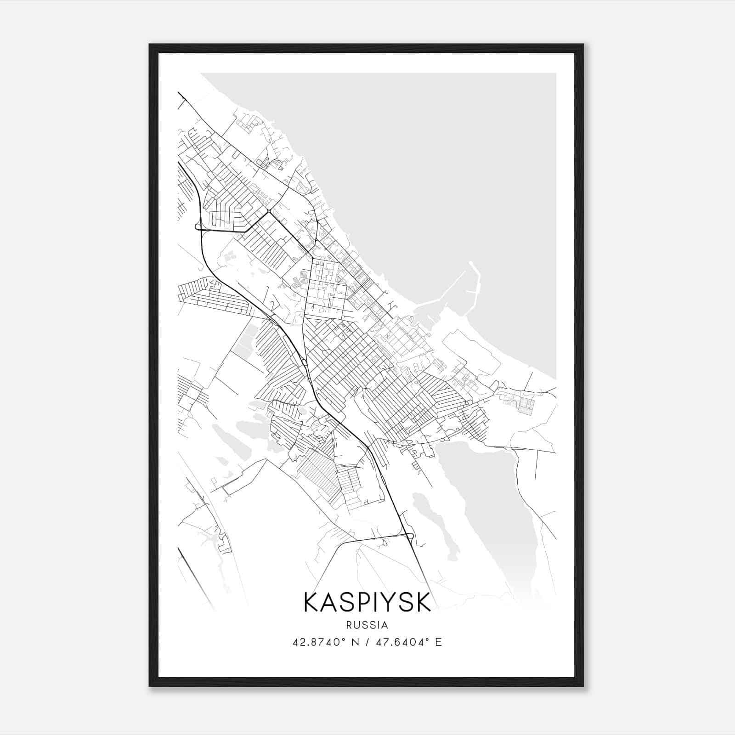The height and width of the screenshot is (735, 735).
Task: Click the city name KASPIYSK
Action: point(367,602)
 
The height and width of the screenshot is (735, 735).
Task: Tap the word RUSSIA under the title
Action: point(367,625)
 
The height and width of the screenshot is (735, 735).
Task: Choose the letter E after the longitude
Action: point(438,642)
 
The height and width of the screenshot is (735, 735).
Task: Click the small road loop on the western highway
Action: point(198,226)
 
